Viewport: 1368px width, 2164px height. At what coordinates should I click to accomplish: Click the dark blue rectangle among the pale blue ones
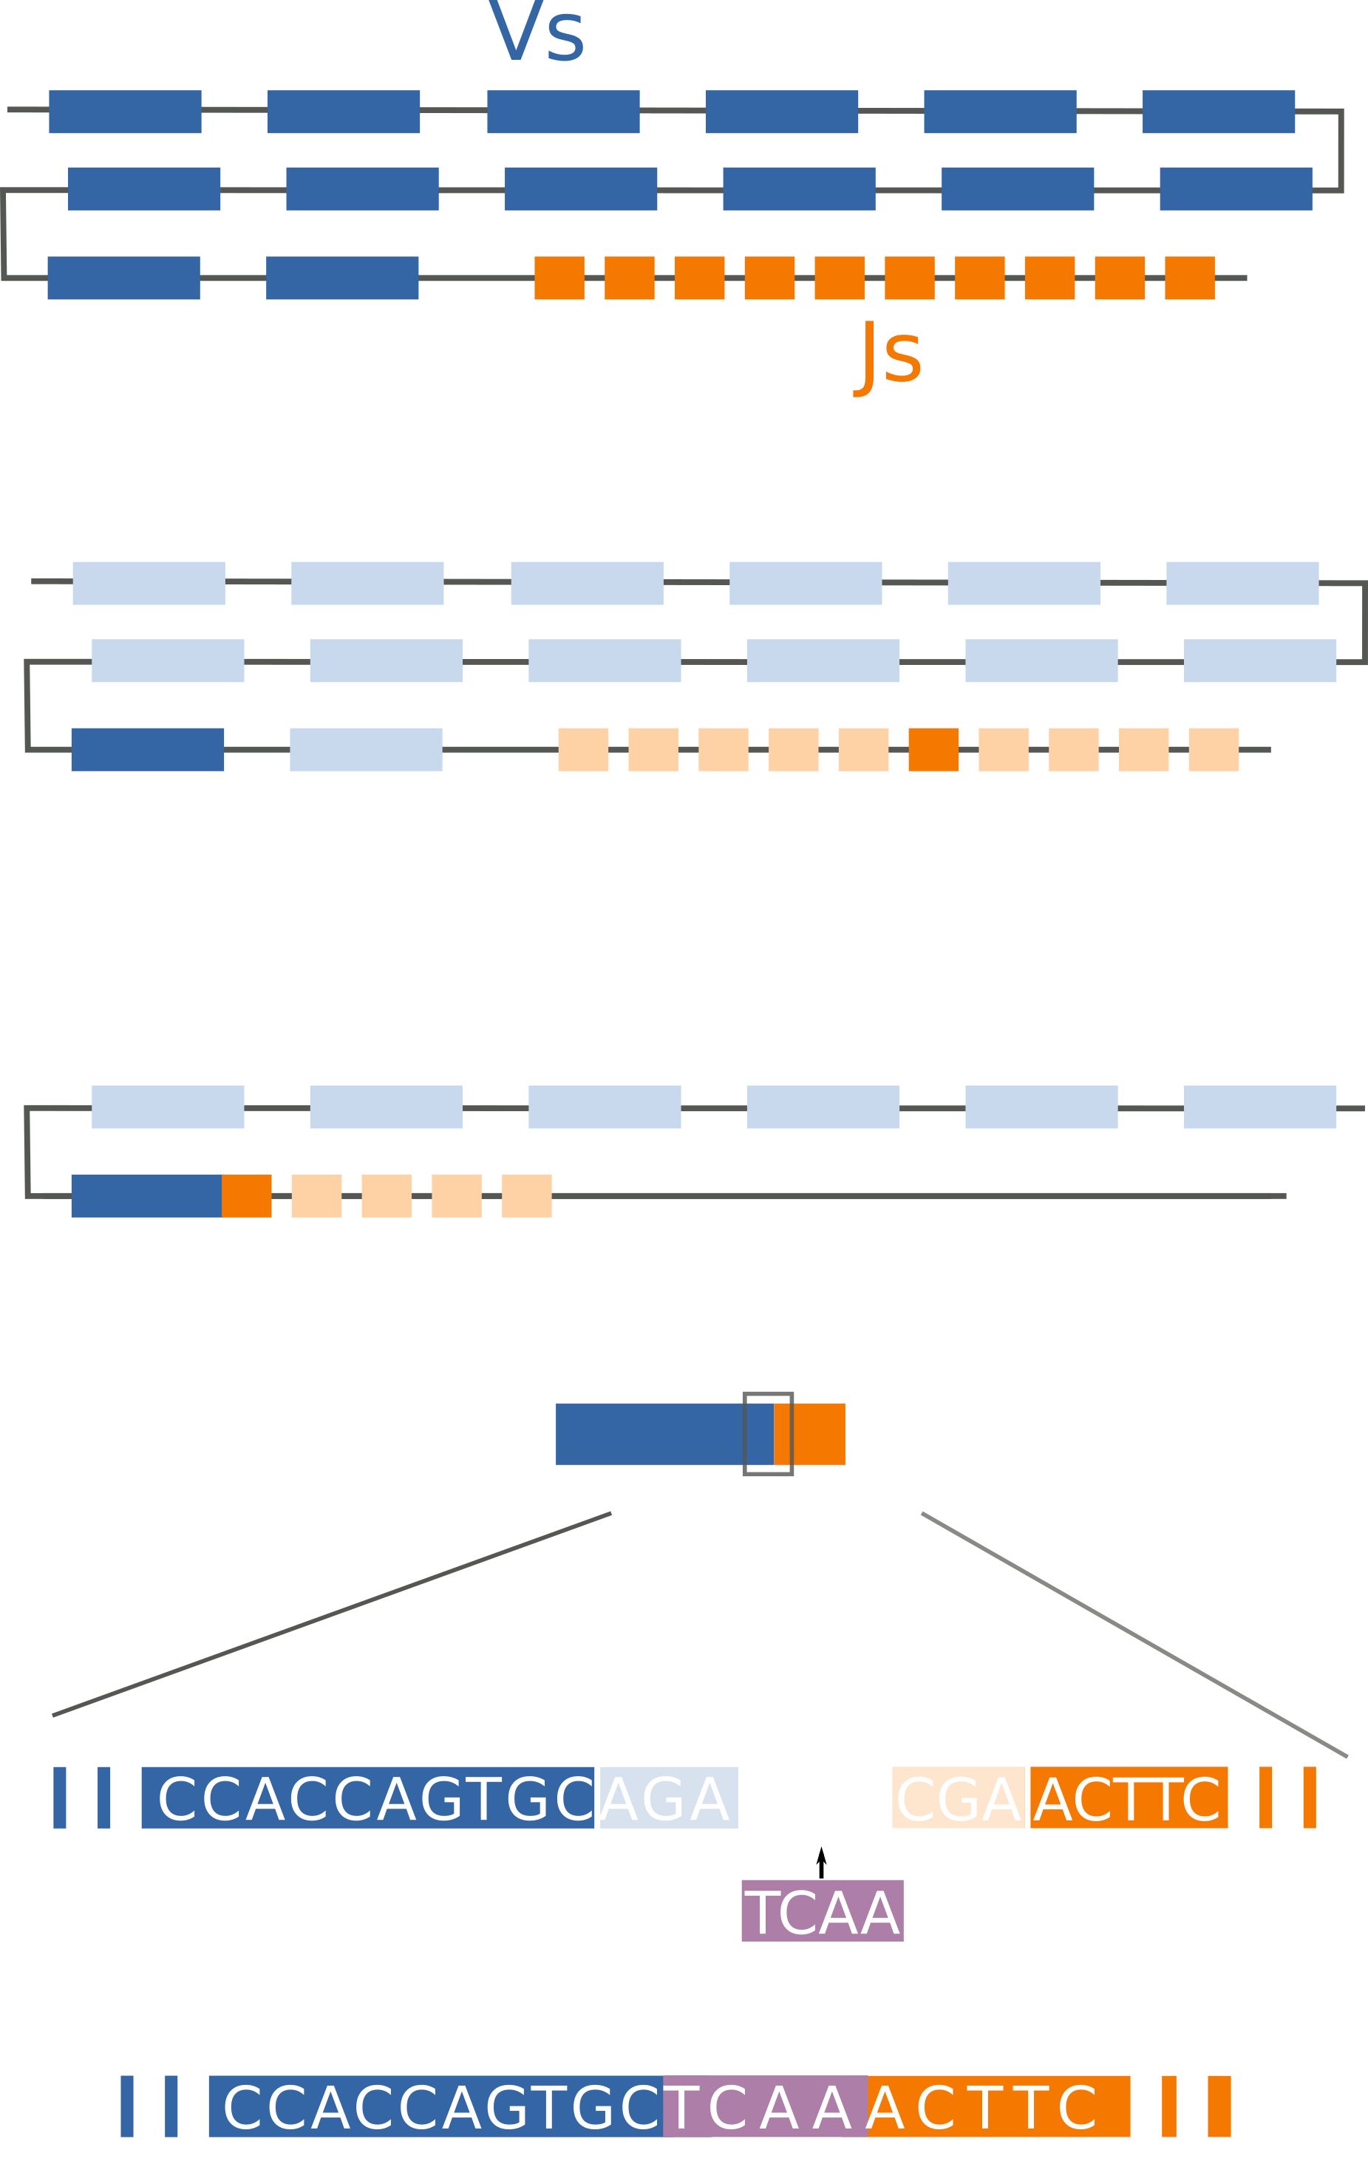[147, 749]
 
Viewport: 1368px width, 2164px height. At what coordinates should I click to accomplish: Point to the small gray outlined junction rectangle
[768, 1434]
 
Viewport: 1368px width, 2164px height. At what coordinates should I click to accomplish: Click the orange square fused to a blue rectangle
[247, 1195]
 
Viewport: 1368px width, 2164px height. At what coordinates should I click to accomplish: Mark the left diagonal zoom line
[332, 1615]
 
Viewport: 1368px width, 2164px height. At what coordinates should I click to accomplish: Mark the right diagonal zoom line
[1134, 1635]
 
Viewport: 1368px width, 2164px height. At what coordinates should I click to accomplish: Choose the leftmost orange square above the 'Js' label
[559, 278]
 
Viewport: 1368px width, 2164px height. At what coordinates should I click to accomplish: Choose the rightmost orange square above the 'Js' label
[1189, 278]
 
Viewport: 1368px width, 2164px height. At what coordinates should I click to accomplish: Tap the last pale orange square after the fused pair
[527, 1195]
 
